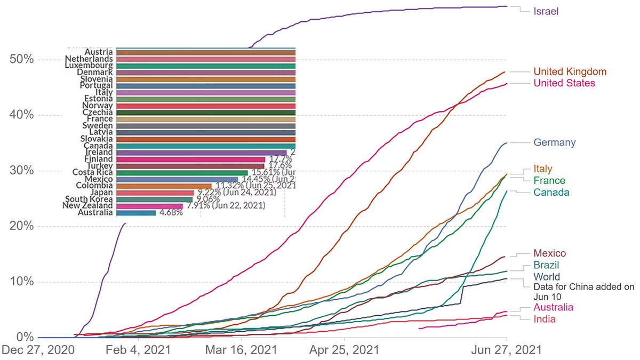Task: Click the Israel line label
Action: (546, 11)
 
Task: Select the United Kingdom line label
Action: (570, 71)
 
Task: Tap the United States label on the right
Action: (564, 83)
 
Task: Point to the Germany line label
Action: (555, 142)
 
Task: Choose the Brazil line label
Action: (547, 265)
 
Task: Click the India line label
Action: (545, 319)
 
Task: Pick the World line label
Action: (547, 277)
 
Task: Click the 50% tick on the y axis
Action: (22, 59)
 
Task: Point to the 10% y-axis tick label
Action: (22, 282)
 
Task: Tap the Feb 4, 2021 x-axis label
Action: (139, 350)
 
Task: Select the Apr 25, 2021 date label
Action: (345, 350)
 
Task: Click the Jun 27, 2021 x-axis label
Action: (507, 350)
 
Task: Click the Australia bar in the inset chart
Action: (136, 212)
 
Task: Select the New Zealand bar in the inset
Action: (149, 206)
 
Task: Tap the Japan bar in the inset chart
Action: (155, 193)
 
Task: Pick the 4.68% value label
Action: (171, 212)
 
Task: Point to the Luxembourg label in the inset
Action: (89, 66)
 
